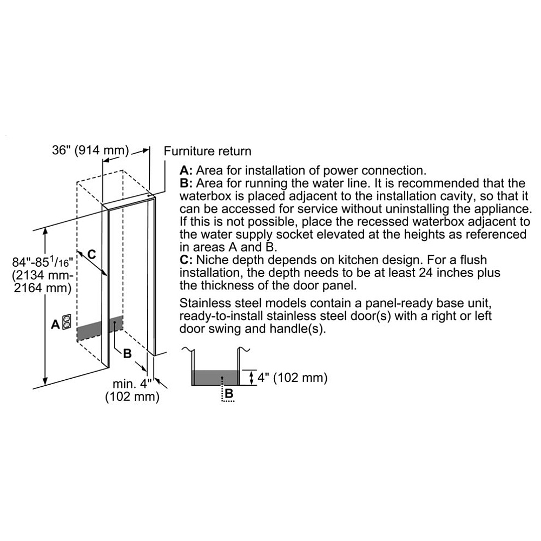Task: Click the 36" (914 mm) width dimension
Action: [90, 150]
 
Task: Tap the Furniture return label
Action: [207, 151]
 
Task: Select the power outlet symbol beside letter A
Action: [67, 321]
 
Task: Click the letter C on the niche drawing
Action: [91, 254]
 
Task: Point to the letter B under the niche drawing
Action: [127, 354]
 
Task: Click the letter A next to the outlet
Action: [56, 324]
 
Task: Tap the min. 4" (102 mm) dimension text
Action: [132, 390]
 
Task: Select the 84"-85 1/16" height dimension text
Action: [42, 275]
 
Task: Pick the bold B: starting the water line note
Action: [186, 183]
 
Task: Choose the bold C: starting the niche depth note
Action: [186, 260]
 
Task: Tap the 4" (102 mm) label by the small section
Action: [292, 378]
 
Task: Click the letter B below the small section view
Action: [229, 393]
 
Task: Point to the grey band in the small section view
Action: [216, 378]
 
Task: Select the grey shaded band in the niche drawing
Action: [100, 328]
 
